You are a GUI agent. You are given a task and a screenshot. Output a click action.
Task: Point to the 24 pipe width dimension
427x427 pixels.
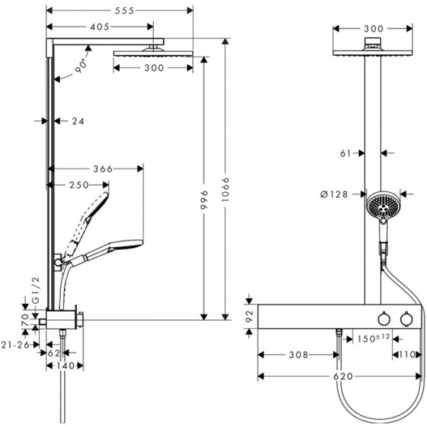78,122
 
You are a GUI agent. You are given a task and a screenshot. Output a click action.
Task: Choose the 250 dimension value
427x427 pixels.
78,185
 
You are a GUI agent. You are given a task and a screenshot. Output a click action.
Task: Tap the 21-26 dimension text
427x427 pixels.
16,345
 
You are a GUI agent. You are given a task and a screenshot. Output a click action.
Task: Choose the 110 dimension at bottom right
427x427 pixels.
407,353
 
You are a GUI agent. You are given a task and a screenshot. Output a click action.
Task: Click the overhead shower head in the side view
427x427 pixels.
152,54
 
